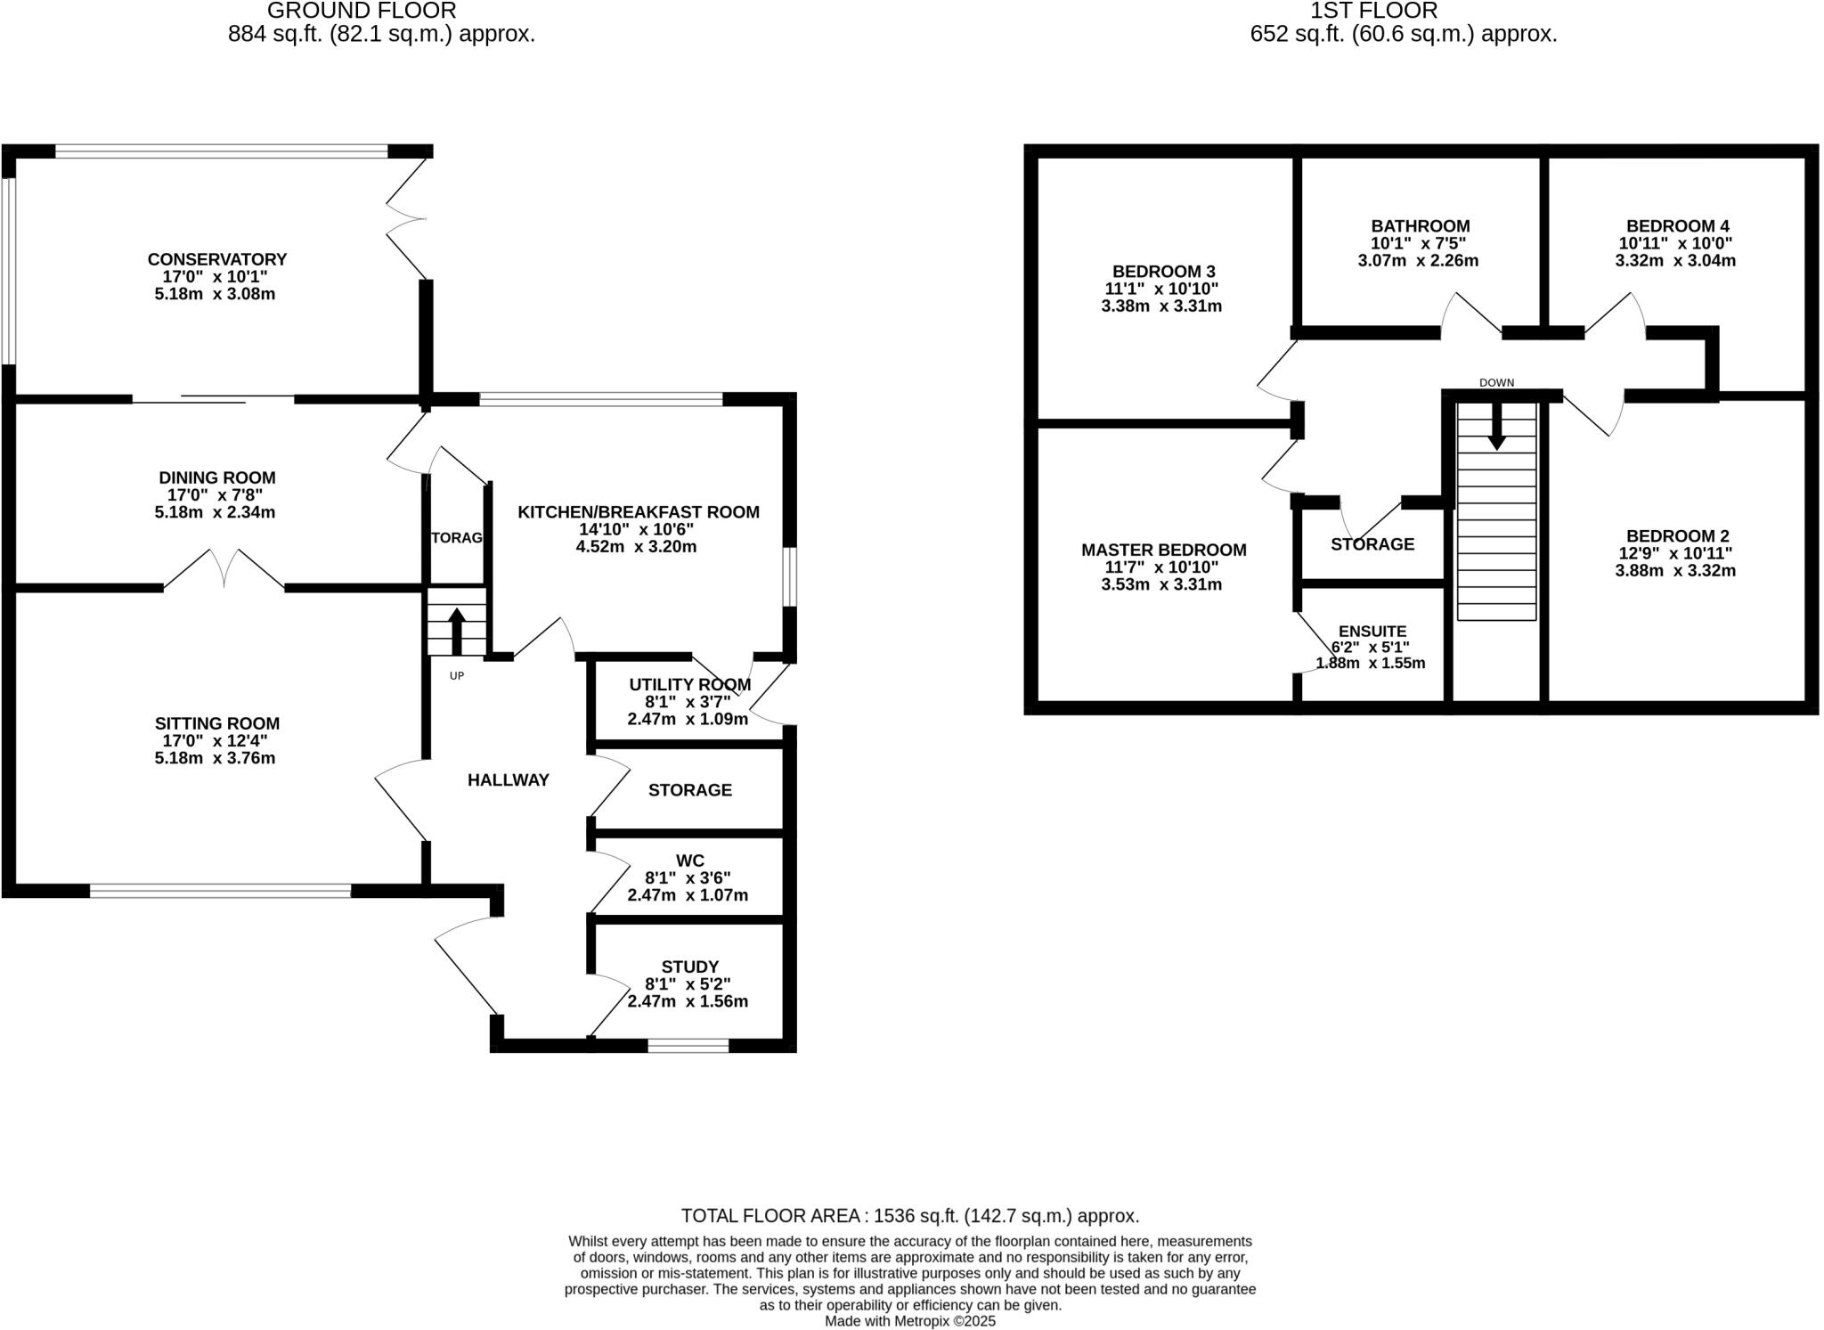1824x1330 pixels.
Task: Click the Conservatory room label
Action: tap(217, 259)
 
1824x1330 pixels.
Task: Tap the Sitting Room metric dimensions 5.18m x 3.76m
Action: tap(215, 758)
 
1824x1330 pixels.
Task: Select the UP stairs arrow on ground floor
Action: tap(456, 631)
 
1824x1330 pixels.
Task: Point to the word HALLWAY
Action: tap(509, 780)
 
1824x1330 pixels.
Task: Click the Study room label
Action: tap(689, 967)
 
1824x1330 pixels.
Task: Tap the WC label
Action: tap(689, 861)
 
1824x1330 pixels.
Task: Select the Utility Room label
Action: tap(689, 684)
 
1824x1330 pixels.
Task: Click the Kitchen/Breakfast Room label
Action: tap(639, 512)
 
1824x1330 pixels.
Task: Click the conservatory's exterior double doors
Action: tap(406, 218)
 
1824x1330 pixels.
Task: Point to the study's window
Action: tap(688, 1046)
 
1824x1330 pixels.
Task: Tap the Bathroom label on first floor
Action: tap(1421, 226)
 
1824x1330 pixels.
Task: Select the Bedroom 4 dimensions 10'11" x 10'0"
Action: tap(1675, 243)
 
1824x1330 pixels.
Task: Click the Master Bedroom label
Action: tap(1163, 551)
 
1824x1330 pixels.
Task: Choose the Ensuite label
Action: tap(1372, 632)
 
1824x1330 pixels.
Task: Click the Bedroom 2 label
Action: tap(1677, 536)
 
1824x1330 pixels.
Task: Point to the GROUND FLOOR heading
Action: tap(362, 12)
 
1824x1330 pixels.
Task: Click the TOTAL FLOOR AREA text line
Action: tap(909, 1216)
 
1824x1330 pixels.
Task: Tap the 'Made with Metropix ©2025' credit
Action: tap(909, 1321)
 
